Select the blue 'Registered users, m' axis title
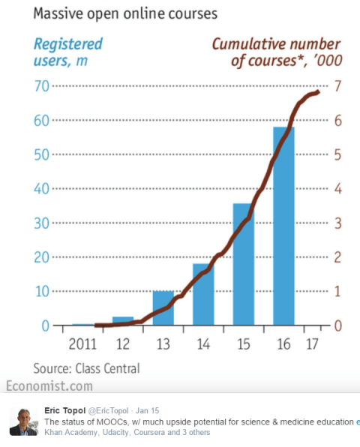click(68, 52)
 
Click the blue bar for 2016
click(283, 225)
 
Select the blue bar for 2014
click(203, 294)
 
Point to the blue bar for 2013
click(163, 308)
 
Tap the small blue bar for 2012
click(123, 321)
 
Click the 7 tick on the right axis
click(338, 86)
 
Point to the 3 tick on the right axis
click(338, 223)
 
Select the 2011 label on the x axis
click(82, 345)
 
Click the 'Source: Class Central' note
click(86, 367)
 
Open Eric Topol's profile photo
click(23, 421)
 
